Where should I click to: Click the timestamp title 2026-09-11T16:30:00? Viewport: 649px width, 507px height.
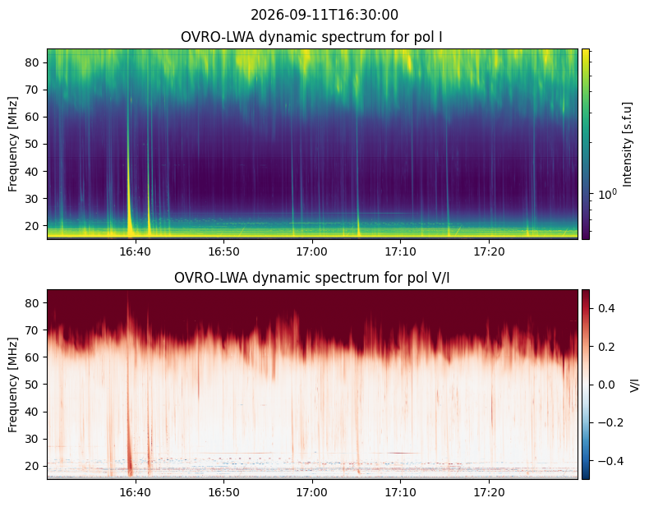(x=324, y=15)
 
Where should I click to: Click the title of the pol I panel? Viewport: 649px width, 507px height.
(x=311, y=37)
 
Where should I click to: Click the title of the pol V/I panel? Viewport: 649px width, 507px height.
(x=311, y=278)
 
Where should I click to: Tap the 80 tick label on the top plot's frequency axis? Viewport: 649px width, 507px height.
(x=32, y=62)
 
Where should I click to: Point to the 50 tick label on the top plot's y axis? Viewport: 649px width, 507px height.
(x=32, y=145)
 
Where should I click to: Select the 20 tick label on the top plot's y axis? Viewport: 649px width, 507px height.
(x=32, y=226)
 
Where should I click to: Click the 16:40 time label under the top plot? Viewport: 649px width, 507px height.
(x=135, y=251)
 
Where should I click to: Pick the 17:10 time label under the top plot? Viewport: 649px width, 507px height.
(x=400, y=251)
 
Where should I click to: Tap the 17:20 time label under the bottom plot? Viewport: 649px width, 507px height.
(x=489, y=492)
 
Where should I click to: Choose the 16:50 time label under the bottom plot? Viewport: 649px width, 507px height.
(x=223, y=492)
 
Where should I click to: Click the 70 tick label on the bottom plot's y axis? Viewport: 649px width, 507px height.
(x=32, y=330)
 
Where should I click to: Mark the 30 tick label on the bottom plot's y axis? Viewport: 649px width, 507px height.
(x=32, y=439)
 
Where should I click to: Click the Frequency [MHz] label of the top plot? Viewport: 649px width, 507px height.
(x=13, y=144)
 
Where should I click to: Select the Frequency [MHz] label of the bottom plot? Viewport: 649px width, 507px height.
(x=13, y=385)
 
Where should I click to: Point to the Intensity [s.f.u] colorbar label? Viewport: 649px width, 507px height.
(x=628, y=145)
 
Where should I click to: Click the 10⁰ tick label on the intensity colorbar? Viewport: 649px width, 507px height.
(x=608, y=194)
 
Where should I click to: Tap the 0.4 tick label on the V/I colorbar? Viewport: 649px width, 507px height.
(x=606, y=308)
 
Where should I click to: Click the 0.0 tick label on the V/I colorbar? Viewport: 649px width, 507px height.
(x=606, y=385)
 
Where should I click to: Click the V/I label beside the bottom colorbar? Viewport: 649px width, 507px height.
(x=634, y=385)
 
